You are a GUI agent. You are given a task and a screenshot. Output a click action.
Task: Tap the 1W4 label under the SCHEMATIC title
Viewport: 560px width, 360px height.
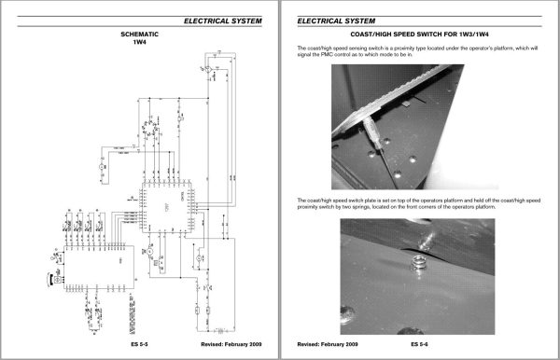click(x=140, y=43)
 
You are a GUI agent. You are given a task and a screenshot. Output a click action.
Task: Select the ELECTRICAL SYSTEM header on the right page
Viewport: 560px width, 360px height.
click(x=336, y=19)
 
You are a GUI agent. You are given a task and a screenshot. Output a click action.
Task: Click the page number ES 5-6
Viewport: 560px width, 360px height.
click(x=420, y=344)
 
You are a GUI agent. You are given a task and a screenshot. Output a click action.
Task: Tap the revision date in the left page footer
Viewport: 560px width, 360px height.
click(x=232, y=344)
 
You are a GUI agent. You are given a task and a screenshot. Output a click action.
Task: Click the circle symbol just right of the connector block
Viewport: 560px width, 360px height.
click(x=147, y=252)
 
